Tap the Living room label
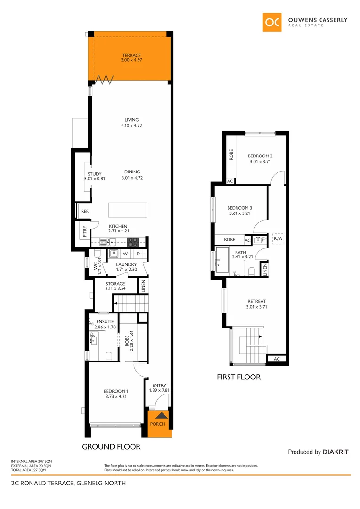click(x=131, y=120)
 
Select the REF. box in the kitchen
click(x=85, y=211)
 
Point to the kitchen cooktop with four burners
click(x=133, y=242)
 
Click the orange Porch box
click(x=157, y=424)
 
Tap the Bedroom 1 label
click(x=116, y=391)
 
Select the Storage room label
click(x=115, y=284)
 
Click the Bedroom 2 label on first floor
click(x=260, y=156)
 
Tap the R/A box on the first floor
click(x=278, y=239)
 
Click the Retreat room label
click(x=256, y=301)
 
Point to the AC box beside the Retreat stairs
click(x=276, y=359)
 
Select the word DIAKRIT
click(x=336, y=452)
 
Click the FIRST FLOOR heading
click(x=238, y=377)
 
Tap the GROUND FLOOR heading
click(x=111, y=446)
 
